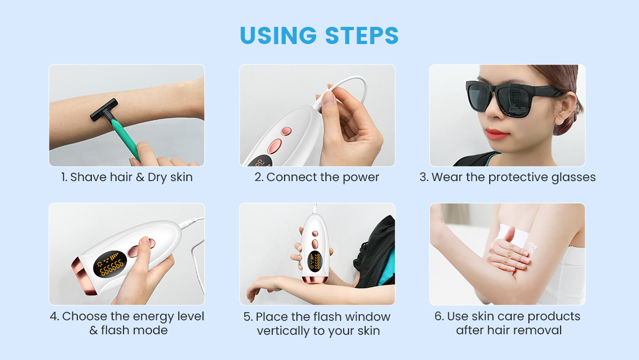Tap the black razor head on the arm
[x=104, y=109]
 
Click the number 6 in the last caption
[x=438, y=316]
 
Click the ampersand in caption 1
[x=140, y=177]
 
